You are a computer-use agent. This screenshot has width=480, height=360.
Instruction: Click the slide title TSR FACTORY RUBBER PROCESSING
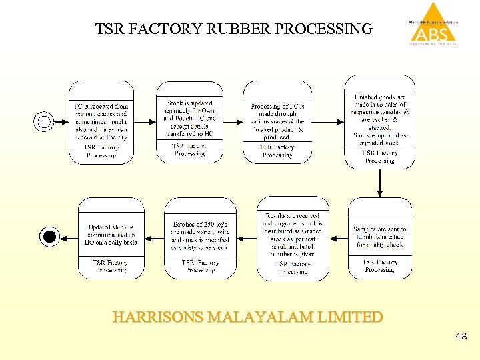click(x=234, y=29)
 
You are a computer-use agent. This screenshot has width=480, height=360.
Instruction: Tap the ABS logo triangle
click(x=433, y=24)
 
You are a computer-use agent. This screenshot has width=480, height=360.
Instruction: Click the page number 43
click(x=461, y=337)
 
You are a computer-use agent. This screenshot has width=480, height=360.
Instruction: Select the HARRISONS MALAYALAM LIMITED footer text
click(x=248, y=317)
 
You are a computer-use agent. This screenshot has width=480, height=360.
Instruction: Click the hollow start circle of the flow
click(x=44, y=121)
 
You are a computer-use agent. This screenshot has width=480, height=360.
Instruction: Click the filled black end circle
click(x=49, y=236)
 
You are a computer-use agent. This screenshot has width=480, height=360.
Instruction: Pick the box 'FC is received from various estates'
click(x=101, y=122)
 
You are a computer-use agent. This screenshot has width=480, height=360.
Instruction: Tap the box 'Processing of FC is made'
click(x=277, y=122)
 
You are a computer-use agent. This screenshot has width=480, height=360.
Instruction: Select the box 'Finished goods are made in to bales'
click(x=379, y=120)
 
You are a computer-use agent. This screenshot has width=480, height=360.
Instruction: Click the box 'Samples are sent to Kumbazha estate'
click(x=379, y=239)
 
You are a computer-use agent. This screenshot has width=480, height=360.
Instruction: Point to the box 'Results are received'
click(x=293, y=239)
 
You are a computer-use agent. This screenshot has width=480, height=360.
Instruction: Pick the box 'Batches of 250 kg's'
click(x=200, y=239)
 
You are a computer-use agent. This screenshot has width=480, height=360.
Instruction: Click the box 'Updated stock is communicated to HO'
click(x=111, y=237)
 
